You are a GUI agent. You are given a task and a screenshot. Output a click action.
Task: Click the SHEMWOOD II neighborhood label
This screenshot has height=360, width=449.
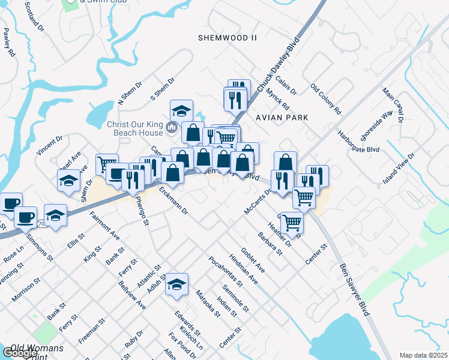coord(228,38)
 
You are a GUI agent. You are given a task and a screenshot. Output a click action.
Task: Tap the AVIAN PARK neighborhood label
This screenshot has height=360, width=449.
coord(282,118)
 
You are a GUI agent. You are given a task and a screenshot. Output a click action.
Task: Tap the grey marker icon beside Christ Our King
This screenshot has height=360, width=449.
coord(172,127)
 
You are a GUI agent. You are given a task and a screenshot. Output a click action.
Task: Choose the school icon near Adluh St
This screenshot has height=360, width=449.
coord(177,284)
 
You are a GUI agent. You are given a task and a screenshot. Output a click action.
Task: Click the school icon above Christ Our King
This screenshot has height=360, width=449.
coord(181,110)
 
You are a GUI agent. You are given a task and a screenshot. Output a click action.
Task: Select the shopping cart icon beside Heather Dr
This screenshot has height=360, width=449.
coord(292,222)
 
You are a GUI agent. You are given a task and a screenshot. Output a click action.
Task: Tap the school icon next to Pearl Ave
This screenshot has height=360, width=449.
coord(69,180)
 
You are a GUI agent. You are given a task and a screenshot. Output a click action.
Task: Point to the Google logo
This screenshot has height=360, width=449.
coord(19,353)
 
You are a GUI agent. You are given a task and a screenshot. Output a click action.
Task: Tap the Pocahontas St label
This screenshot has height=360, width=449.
coord(225,271)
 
